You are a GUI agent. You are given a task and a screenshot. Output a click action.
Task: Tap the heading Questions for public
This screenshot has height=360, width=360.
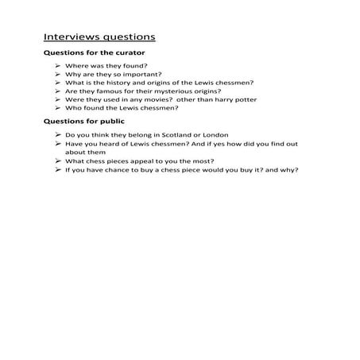pyautogui.click(x=77, y=122)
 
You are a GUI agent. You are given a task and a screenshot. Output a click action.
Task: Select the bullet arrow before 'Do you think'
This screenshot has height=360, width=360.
pyautogui.click(x=59, y=135)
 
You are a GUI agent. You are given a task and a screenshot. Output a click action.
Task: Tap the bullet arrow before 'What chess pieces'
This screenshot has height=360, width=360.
pyautogui.click(x=59, y=161)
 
